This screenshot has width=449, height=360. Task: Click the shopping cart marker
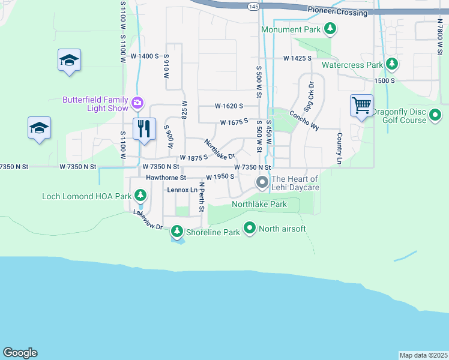click(x=362, y=106)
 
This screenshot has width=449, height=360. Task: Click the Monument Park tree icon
click(x=330, y=28)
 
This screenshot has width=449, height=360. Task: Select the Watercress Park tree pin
click(x=392, y=64)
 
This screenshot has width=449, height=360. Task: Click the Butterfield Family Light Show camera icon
click(x=137, y=103)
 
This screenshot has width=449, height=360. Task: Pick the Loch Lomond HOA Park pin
click(x=140, y=196)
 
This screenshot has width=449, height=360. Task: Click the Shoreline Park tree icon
click(x=176, y=231)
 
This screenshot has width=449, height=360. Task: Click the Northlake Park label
click(x=259, y=205)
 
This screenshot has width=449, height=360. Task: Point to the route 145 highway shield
click(x=253, y=6)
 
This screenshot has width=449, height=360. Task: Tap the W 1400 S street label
click(x=145, y=56)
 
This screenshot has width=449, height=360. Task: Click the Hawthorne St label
click(x=166, y=178)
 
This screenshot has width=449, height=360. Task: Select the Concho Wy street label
click(x=304, y=119)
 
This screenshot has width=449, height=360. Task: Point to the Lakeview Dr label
click(x=148, y=220)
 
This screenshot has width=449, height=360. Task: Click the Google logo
click(x=20, y=353)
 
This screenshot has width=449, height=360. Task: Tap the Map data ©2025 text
click(x=424, y=355)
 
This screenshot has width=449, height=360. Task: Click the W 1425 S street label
click(x=298, y=58)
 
